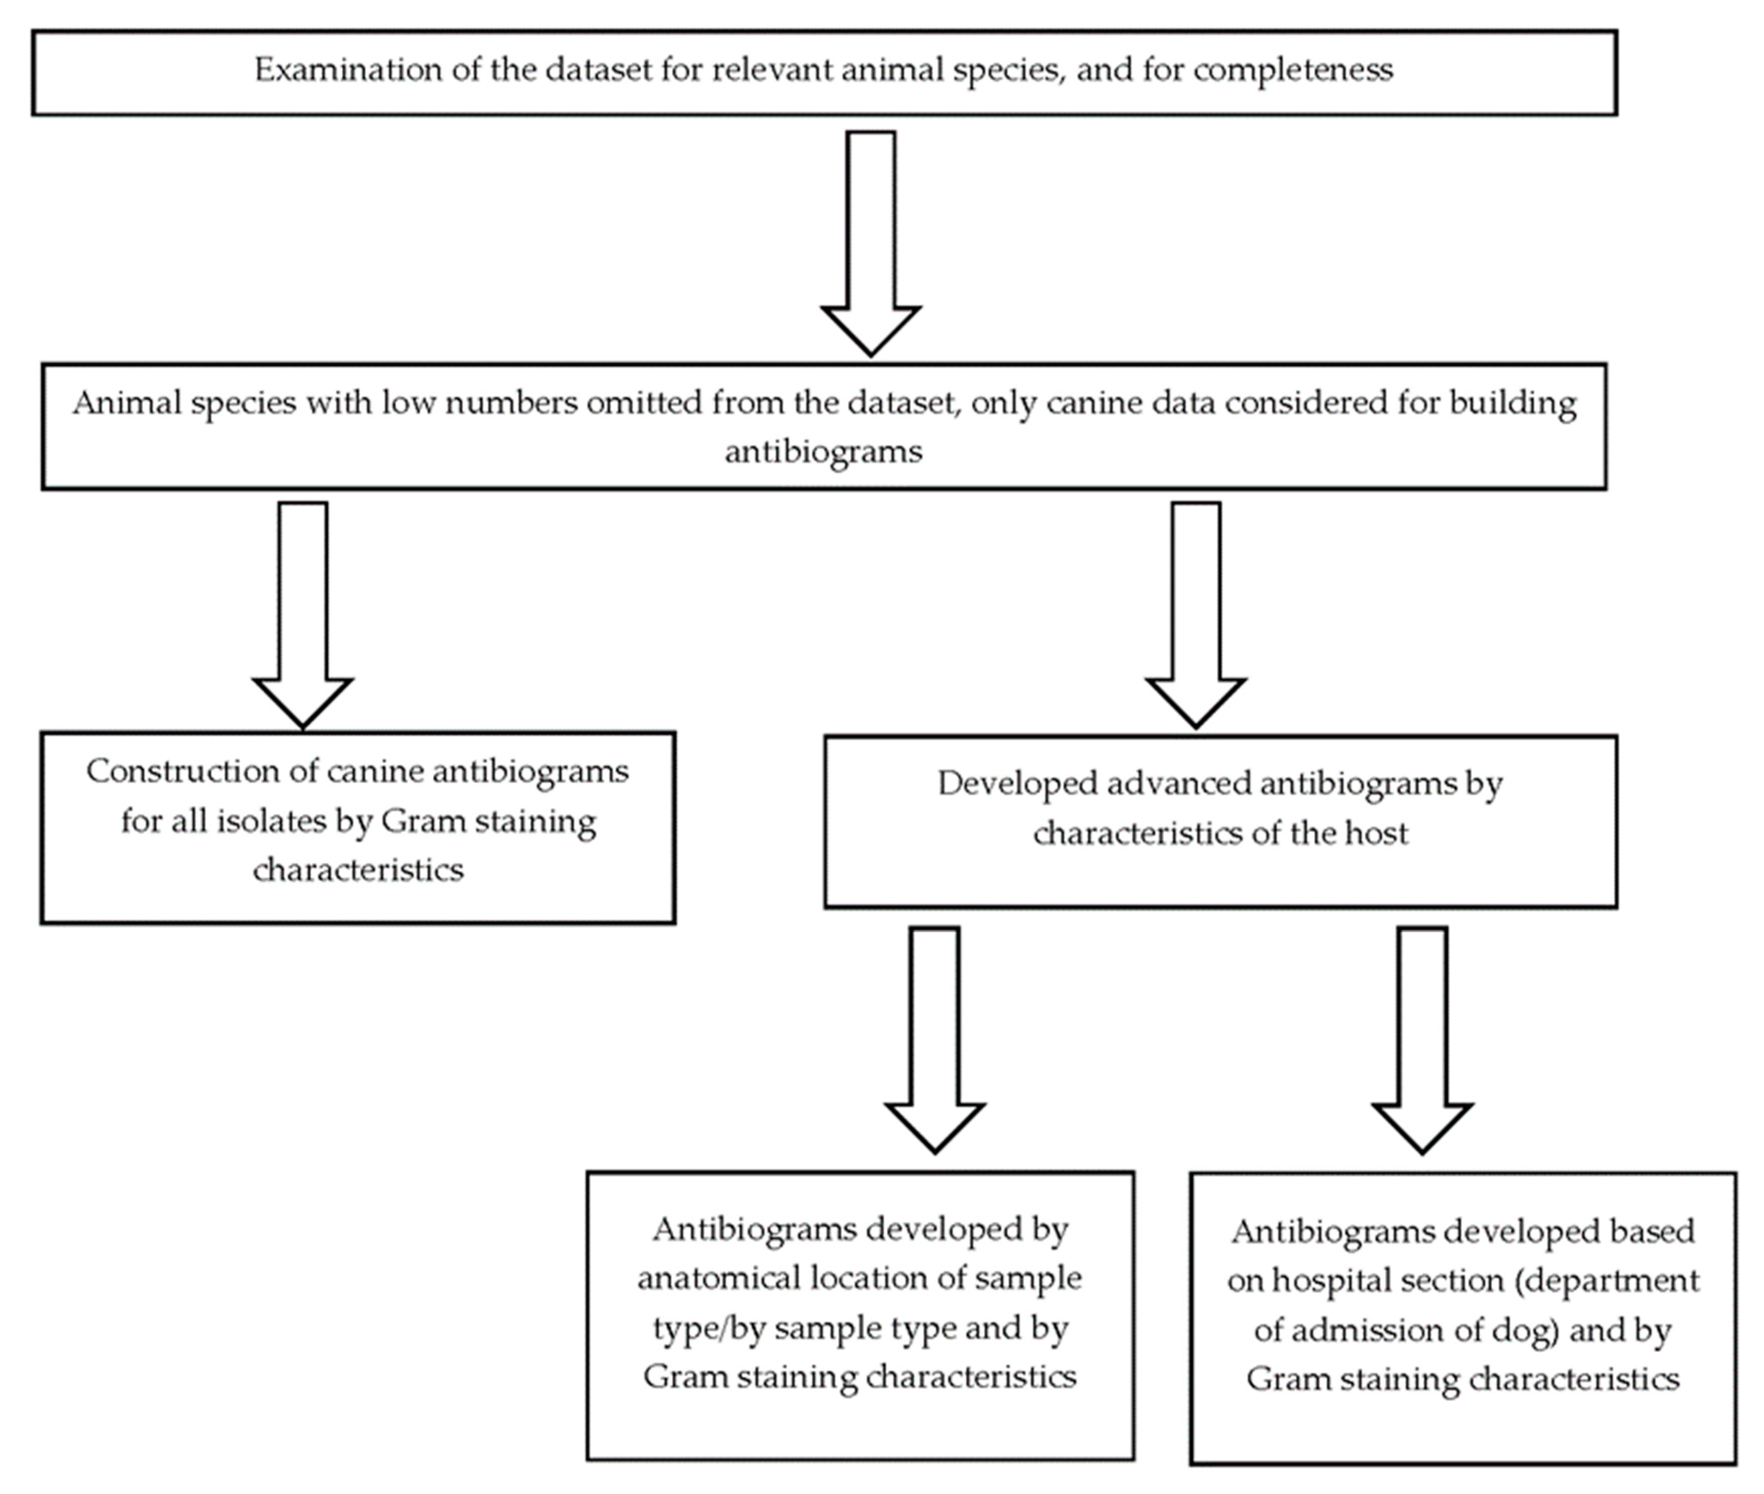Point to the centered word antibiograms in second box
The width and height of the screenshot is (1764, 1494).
pos(823,451)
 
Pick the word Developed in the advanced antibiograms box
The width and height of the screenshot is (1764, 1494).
pos(1006,783)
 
